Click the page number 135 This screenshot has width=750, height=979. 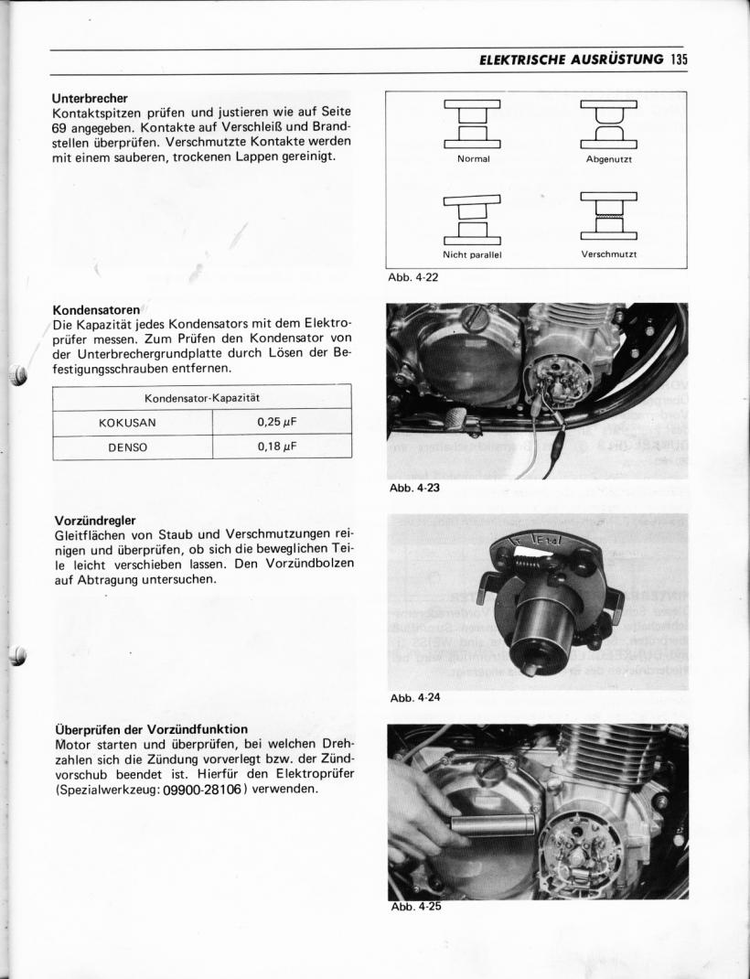(x=678, y=60)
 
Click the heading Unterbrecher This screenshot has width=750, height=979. (x=90, y=98)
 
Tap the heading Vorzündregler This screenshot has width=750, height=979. (x=95, y=521)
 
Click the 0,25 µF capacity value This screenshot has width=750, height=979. (x=281, y=424)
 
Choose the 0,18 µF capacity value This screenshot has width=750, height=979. (x=281, y=447)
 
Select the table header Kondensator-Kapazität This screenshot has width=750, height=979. (x=202, y=399)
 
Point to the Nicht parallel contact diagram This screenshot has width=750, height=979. (x=473, y=220)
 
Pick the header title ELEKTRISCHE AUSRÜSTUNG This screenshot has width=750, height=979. (x=572, y=60)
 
